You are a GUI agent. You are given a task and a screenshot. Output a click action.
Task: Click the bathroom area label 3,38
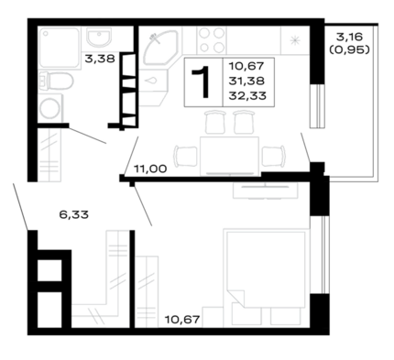pos(100,59)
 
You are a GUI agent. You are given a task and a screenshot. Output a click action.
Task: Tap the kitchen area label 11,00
pos(150,169)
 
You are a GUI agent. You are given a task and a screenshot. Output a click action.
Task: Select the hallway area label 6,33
pos(73,214)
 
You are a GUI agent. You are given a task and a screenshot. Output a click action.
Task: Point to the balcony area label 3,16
pos(349,37)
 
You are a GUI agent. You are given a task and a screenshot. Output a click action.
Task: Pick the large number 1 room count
pos(202,82)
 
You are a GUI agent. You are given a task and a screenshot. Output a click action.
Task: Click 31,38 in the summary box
pos(246,81)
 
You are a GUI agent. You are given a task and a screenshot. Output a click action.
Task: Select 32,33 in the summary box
pos(247,96)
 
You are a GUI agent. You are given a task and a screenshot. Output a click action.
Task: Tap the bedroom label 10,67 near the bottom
pos(182,320)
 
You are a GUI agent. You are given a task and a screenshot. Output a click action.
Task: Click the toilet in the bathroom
pos(56,82)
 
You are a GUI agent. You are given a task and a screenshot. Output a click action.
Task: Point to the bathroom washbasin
pos(99,38)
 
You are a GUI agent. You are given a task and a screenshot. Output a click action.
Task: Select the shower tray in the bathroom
pos(59,48)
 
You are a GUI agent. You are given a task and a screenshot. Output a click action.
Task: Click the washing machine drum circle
pos(49,108)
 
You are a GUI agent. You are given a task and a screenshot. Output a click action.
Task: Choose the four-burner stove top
pos(212,40)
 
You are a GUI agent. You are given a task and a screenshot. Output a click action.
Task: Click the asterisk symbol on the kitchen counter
pos(295,40)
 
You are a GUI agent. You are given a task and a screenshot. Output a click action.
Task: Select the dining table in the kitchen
pos(229,156)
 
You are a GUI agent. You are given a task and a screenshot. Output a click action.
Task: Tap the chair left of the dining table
pos(185,156)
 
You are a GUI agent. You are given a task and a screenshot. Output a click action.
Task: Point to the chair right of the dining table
pos(274,156)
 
